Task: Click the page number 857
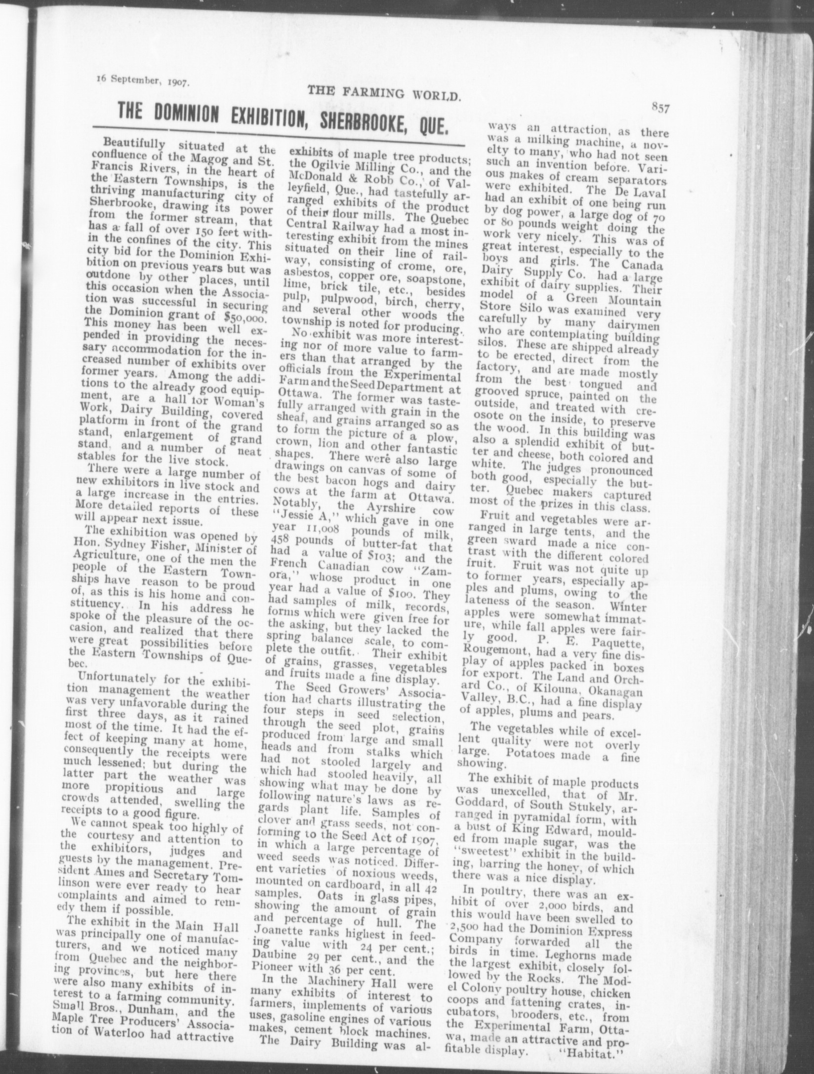tap(660, 110)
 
